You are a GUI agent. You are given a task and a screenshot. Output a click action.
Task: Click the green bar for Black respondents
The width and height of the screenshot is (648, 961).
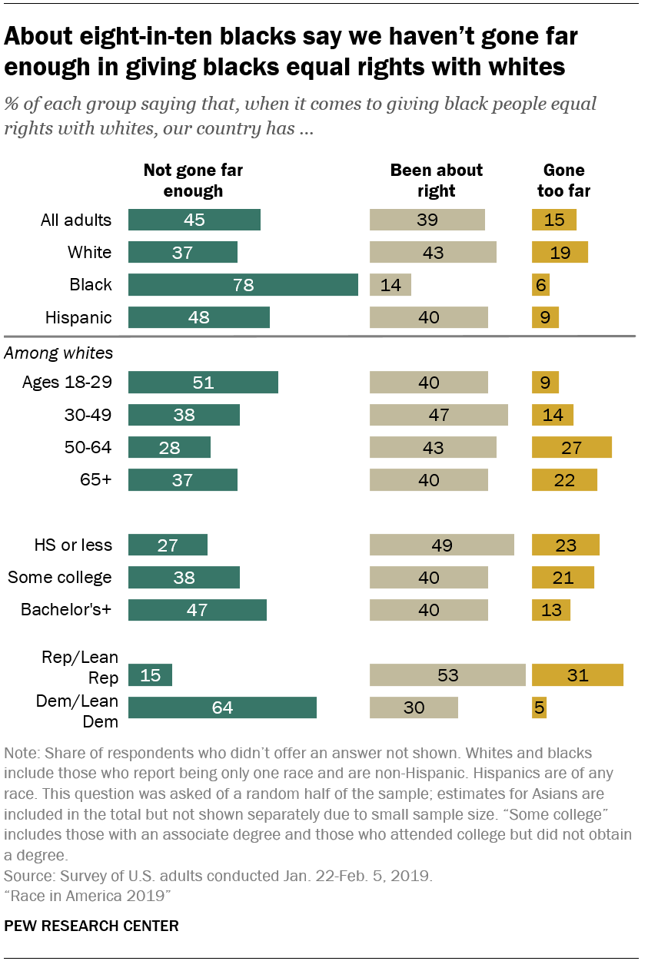coord(243,284)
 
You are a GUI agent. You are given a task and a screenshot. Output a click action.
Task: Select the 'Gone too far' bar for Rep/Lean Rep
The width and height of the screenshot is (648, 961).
coord(577,675)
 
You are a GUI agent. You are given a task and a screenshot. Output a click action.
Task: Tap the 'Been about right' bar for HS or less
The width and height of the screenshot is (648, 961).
coord(441,545)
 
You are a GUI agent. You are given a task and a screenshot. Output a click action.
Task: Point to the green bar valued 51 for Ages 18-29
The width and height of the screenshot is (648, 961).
coord(203,383)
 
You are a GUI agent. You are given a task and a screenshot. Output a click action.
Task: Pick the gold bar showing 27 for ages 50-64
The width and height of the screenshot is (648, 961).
coord(572,447)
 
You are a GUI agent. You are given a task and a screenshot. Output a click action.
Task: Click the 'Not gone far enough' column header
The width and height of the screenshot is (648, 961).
coord(193,180)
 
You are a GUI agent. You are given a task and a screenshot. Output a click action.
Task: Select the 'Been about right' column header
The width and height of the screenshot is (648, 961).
coord(436,180)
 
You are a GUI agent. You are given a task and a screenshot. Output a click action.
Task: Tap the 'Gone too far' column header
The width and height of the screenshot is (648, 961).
coord(563,180)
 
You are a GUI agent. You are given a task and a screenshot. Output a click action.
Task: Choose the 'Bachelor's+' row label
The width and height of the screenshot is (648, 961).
coord(66,610)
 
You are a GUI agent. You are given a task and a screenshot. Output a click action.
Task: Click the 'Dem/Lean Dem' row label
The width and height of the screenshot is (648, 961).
coord(77,711)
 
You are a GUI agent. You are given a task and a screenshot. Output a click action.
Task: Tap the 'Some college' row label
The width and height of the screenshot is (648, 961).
coord(59,578)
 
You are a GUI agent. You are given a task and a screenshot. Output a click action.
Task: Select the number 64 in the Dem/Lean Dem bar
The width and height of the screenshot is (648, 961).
coord(222,707)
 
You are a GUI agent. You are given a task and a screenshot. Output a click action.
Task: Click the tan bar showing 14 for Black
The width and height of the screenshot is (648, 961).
coord(390,284)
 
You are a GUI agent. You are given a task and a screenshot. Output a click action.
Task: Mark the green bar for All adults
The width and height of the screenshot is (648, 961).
coord(194,220)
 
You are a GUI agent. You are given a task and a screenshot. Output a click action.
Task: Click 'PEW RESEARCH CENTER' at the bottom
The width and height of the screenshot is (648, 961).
coord(91,926)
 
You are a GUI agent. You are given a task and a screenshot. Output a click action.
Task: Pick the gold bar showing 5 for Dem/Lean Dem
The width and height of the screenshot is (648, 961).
coord(540,707)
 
